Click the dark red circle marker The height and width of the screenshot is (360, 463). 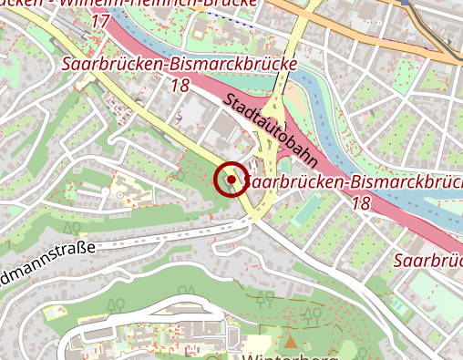tap(231, 180)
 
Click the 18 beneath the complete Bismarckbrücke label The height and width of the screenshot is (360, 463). tap(179, 85)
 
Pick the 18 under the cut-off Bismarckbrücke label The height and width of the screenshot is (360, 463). tap(360, 203)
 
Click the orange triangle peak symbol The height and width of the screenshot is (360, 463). tap(291, 342)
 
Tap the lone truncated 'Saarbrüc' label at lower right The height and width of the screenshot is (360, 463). tap(427, 261)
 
